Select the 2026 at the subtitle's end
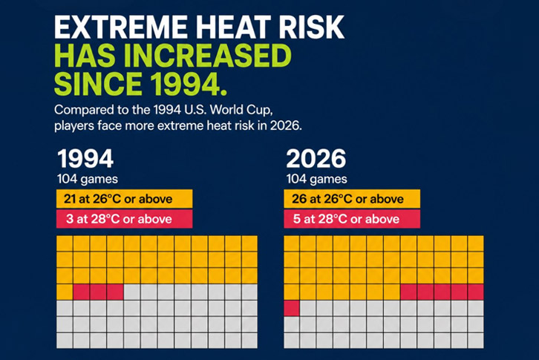(x=286, y=126)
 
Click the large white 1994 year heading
(x=85, y=159)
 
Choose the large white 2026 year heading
(x=316, y=159)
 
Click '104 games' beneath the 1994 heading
(x=88, y=179)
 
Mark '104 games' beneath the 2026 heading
(x=316, y=179)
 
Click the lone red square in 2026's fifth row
(x=292, y=308)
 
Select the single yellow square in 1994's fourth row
(x=65, y=292)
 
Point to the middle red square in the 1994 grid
(x=98, y=292)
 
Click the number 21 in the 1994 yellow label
(x=69, y=199)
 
